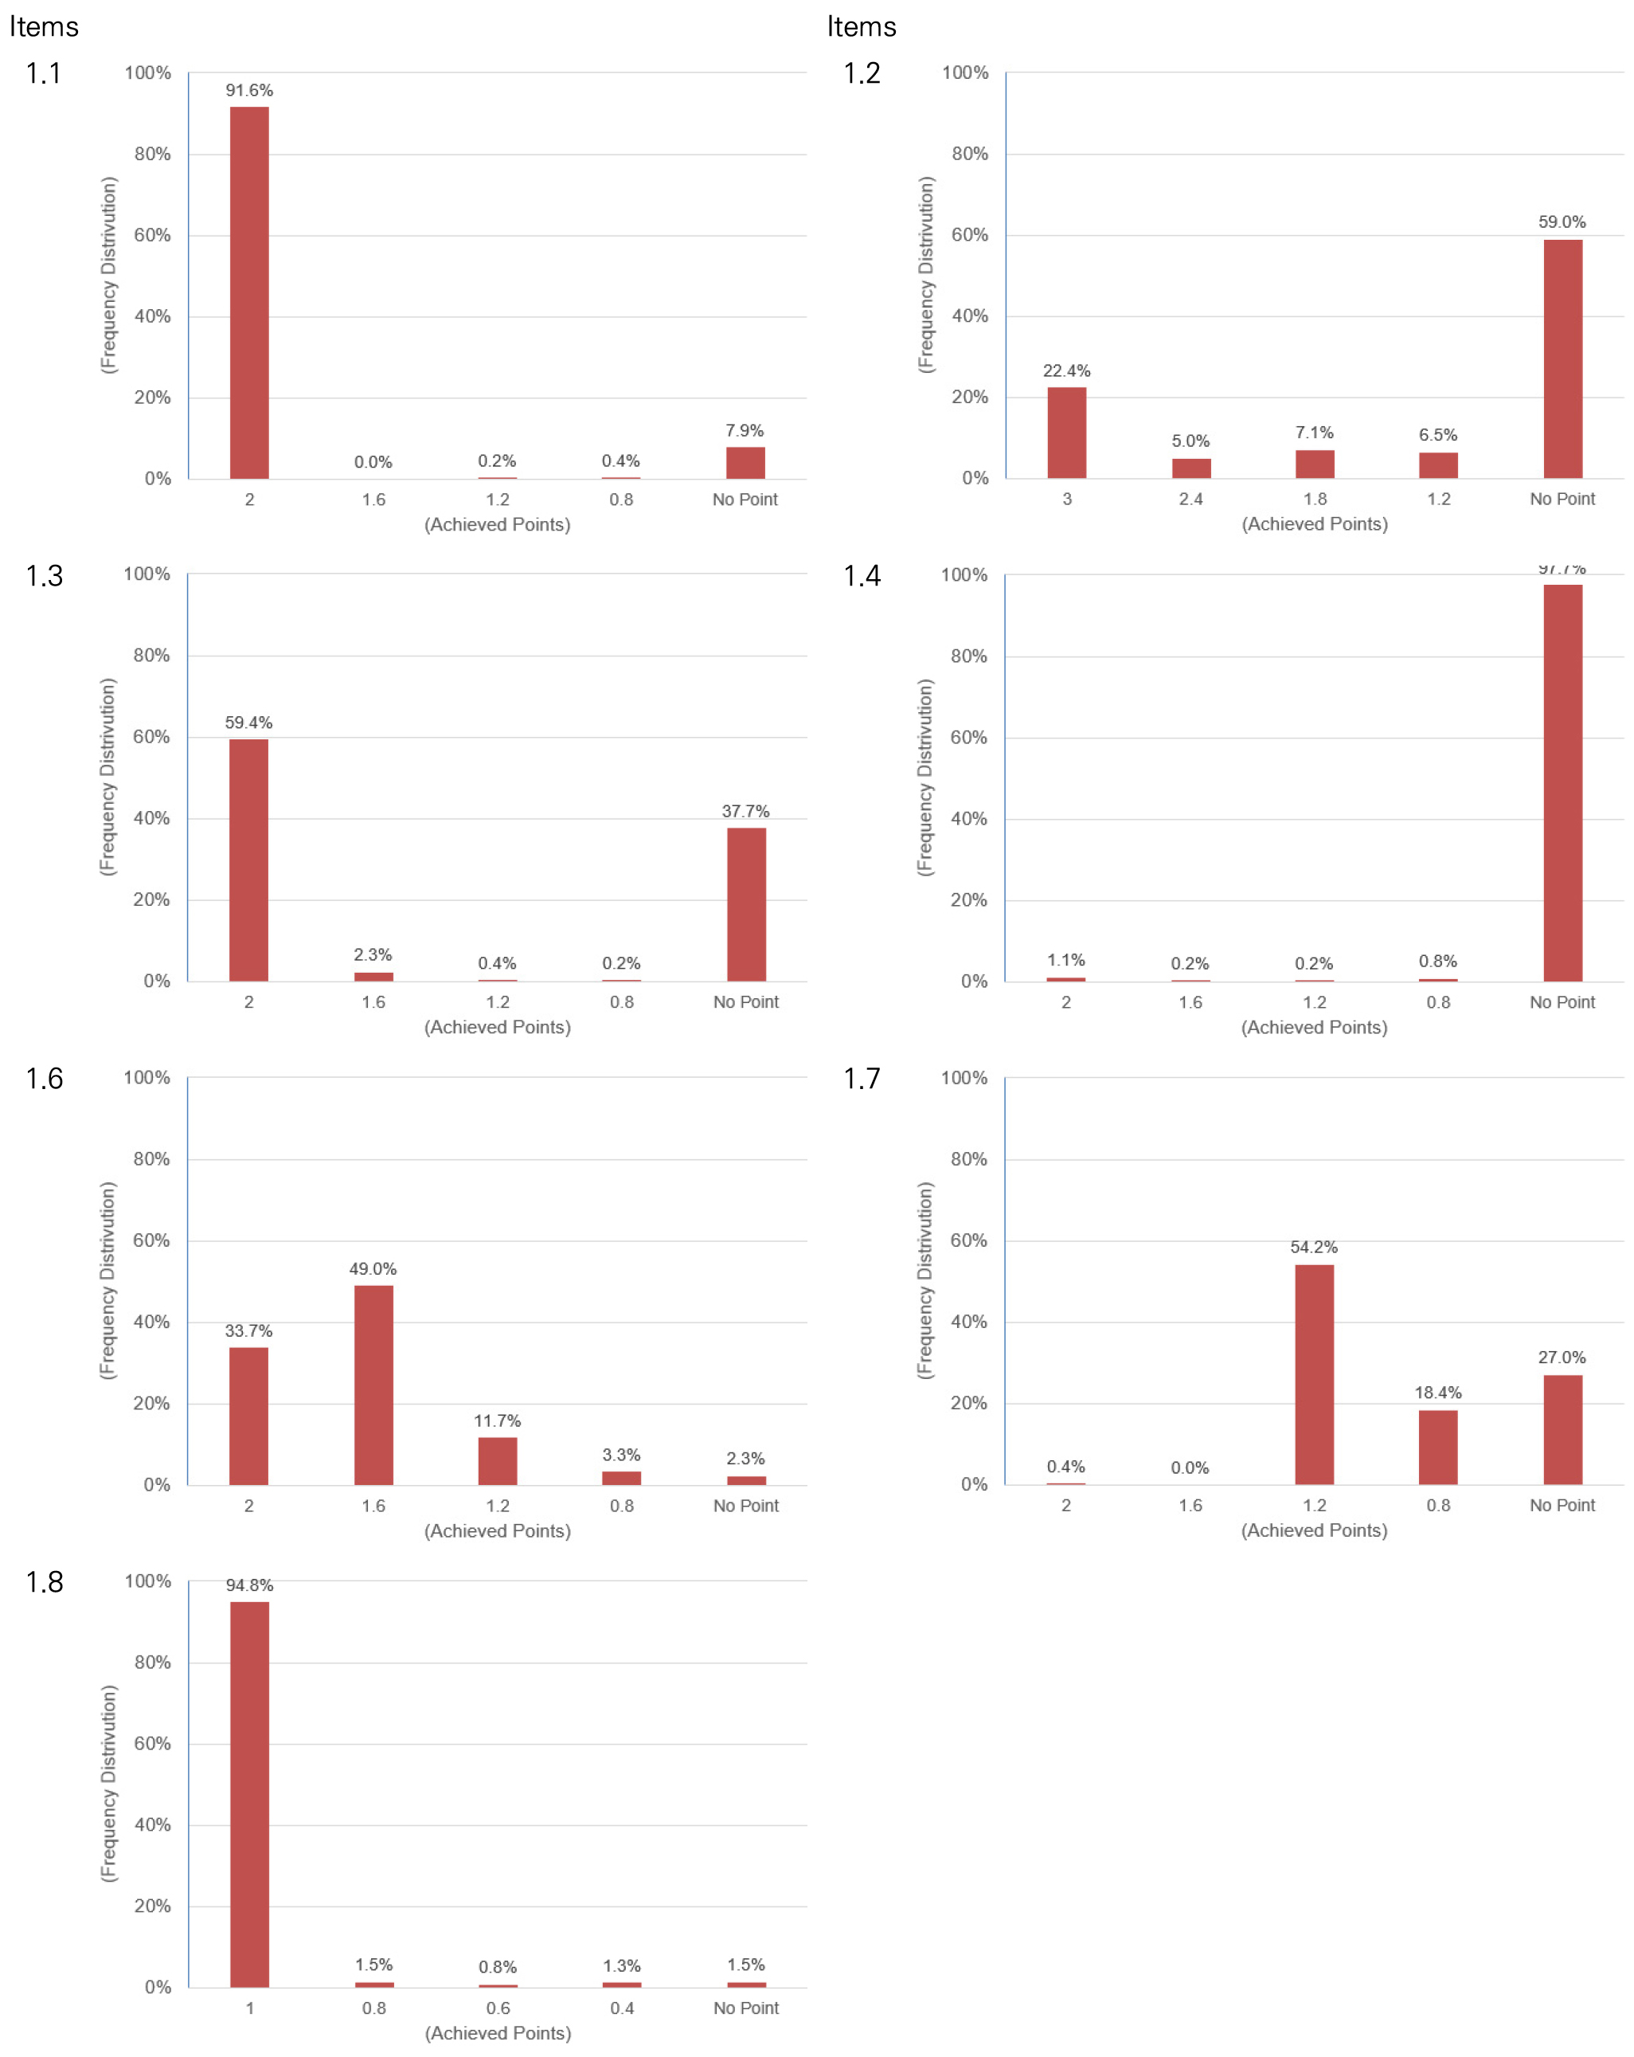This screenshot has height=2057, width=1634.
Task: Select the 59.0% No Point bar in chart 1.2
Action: coord(1562,359)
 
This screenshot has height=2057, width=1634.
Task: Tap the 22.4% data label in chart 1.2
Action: coord(1065,371)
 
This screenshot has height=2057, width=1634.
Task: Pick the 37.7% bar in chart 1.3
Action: coord(746,903)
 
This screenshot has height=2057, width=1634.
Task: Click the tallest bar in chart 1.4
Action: coord(1562,782)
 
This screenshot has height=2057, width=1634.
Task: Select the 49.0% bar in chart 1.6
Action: coord(373,1385)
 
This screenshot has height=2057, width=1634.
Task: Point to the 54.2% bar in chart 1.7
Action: coord(1314,1374)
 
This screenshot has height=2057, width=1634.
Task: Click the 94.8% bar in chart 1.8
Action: coord(249,1793)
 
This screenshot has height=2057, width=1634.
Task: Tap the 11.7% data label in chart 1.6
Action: coord(497,1420)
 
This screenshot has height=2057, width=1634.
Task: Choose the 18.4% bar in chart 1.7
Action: coord(1437,1447)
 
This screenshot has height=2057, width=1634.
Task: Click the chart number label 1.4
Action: coord(862,576)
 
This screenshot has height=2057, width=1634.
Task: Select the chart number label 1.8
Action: coord(44,1582)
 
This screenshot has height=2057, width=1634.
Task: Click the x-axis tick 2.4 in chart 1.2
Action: coord(1190,499)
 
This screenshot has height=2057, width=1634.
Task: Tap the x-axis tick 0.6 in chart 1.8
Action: coord(498,2008)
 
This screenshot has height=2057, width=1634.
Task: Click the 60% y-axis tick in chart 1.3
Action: coord(151,737)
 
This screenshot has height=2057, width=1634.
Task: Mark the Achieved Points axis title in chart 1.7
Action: coord(1314,1530)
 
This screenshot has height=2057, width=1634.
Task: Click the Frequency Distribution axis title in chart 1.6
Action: coord(107,1280)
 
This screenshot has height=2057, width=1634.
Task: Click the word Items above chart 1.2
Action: coord(862,27)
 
